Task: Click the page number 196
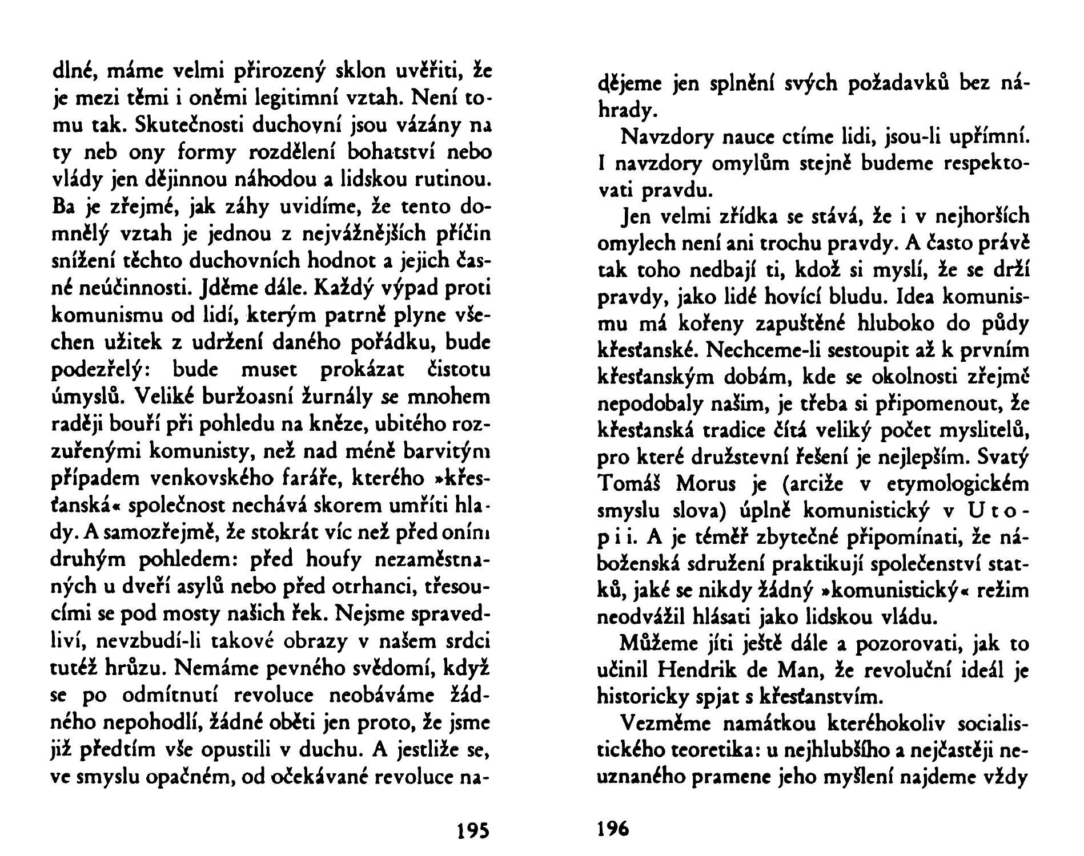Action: tap(613, 827)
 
